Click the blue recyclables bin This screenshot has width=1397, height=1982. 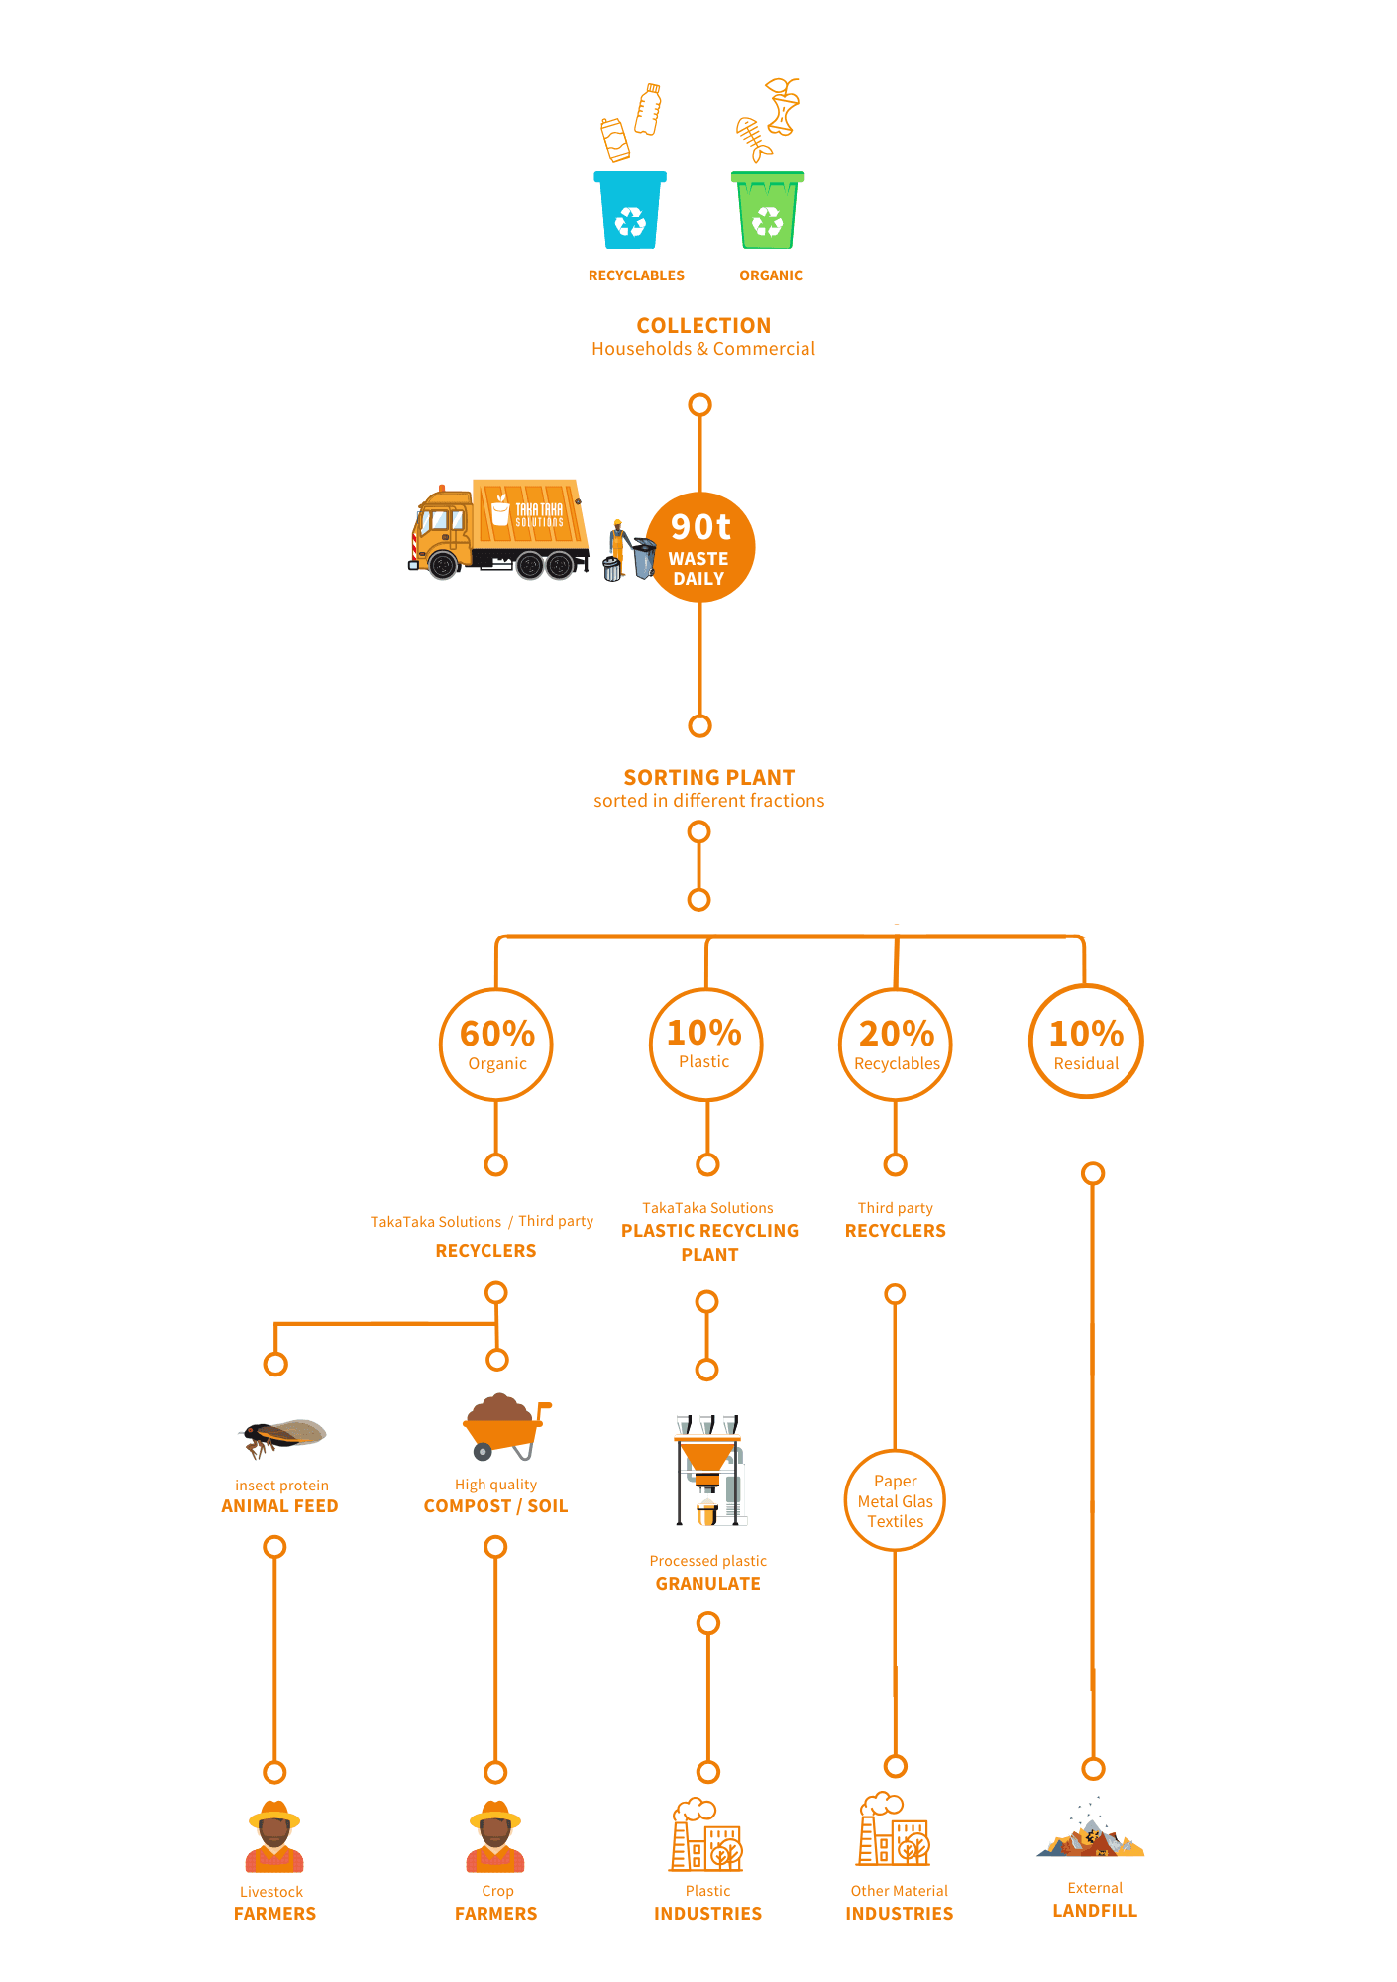click(630, 211)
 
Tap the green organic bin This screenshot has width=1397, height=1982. click(767, 211)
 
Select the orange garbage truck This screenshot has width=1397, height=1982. click(499, 529)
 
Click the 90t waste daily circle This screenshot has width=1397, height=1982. click(700, 547)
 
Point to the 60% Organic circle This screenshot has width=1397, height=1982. click(496, 1044)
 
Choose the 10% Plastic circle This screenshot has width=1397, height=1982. click(705, 1044)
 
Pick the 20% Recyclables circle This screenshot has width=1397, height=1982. click(896, 1044)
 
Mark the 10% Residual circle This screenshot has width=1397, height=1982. click(1086, 1042)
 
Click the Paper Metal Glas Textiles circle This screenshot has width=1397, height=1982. click(896, 1500)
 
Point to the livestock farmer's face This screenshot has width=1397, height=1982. click(274, 1836)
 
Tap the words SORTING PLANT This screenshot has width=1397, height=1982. click(709, 778)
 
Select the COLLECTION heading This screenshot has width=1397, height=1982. click(703, 326)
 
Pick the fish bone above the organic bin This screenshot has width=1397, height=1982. click(753, 138)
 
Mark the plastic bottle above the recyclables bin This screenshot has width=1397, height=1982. click(648, 109)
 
